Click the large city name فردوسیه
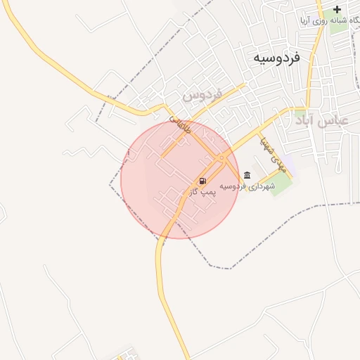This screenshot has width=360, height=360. tap(276, 58)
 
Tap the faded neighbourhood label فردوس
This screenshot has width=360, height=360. tap(202, 93)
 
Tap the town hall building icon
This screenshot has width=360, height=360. tap(246, 175)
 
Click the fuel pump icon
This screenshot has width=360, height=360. tap(202, 180)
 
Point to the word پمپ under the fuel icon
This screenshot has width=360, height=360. tap(207, 191)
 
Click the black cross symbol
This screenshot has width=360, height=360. tap(337, 10)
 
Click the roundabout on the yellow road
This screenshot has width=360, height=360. tap(221, 157)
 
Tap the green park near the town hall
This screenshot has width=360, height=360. tap(281, 184)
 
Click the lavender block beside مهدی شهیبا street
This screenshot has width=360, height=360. tap(290, 167)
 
